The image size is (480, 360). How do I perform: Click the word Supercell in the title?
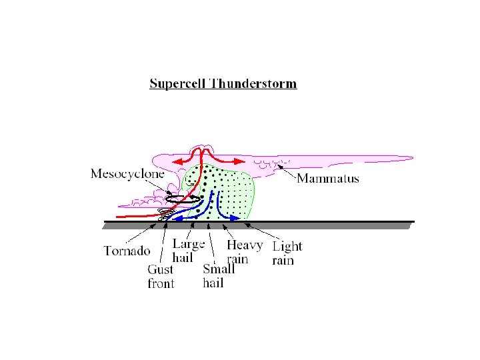[x=177, y=84]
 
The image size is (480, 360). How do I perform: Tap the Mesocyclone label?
[x=127, y=175]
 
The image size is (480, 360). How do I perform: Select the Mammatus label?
[x=327, y=178]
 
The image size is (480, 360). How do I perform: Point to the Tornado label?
[x=127, y=251]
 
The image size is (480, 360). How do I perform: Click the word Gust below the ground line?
[x=160, y=270]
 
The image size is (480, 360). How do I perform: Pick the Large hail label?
[x=188, y=251]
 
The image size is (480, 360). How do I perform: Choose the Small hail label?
[x=219, y=276]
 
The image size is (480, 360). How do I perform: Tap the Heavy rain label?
[x=244, y=251]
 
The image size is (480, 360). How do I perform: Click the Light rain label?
[x=287, y=253]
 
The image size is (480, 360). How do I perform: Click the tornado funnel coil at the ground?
[x=165, y=214]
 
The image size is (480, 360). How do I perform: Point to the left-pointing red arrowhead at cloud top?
[x=176, y=161]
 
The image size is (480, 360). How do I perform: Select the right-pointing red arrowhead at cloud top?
[x=239, y=161]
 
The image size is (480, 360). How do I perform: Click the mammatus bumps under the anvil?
[x=273, y=162]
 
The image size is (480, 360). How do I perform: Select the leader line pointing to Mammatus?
[x=287, y=171]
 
